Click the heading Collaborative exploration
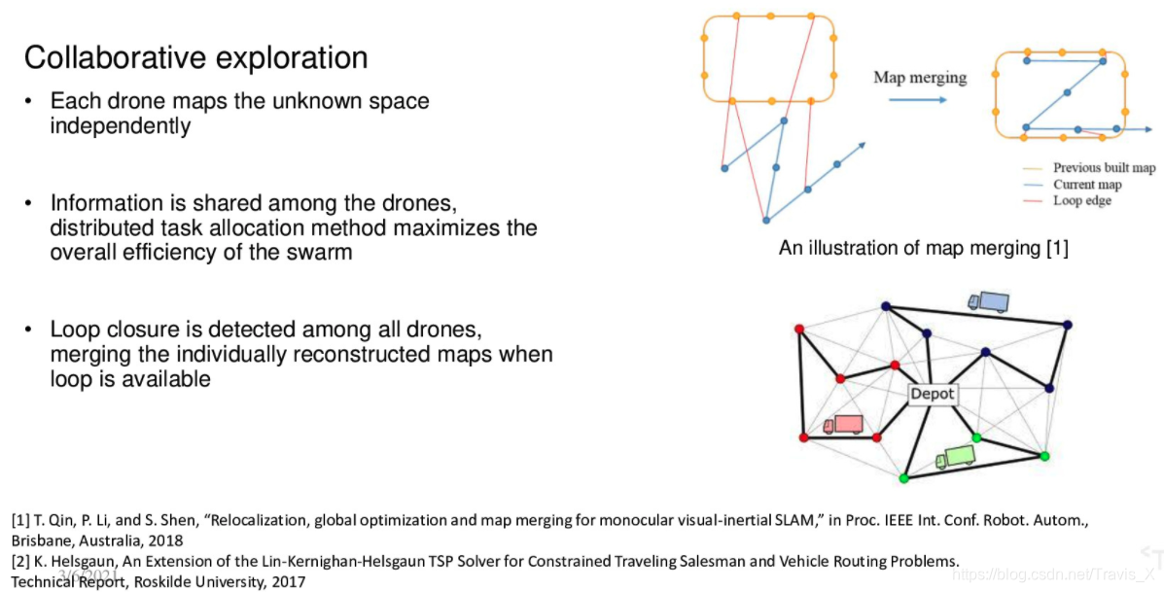[x=195, y=57]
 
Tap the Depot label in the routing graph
[x=933, y=395]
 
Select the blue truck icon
[x=989, y=301]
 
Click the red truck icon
[x=843, y=425]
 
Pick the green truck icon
[x=955, y=456]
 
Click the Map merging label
[x=920, y=78]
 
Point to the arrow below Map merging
[x=918, y=99]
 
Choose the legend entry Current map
[x=1086, y=185]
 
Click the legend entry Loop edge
[x=1081, y=201]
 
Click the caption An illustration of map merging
[x=923, y=249]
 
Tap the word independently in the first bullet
[x=121, y=126]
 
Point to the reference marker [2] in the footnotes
[x=20, y=561]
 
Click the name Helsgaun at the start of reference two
[x=81, y=561]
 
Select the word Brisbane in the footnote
[x=43, y=540]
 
